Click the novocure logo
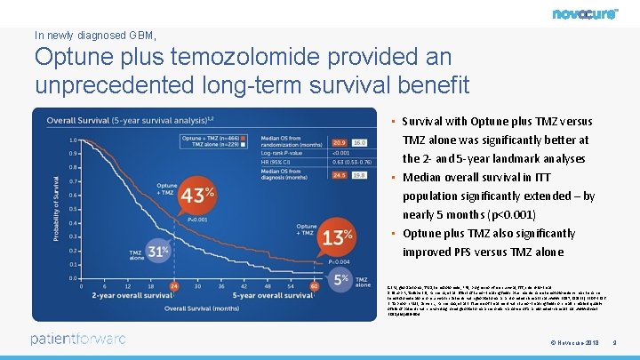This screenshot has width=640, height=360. point(585,13)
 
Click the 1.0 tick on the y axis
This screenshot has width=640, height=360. point(73,140)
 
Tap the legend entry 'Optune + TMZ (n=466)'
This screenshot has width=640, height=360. point(209,138)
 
